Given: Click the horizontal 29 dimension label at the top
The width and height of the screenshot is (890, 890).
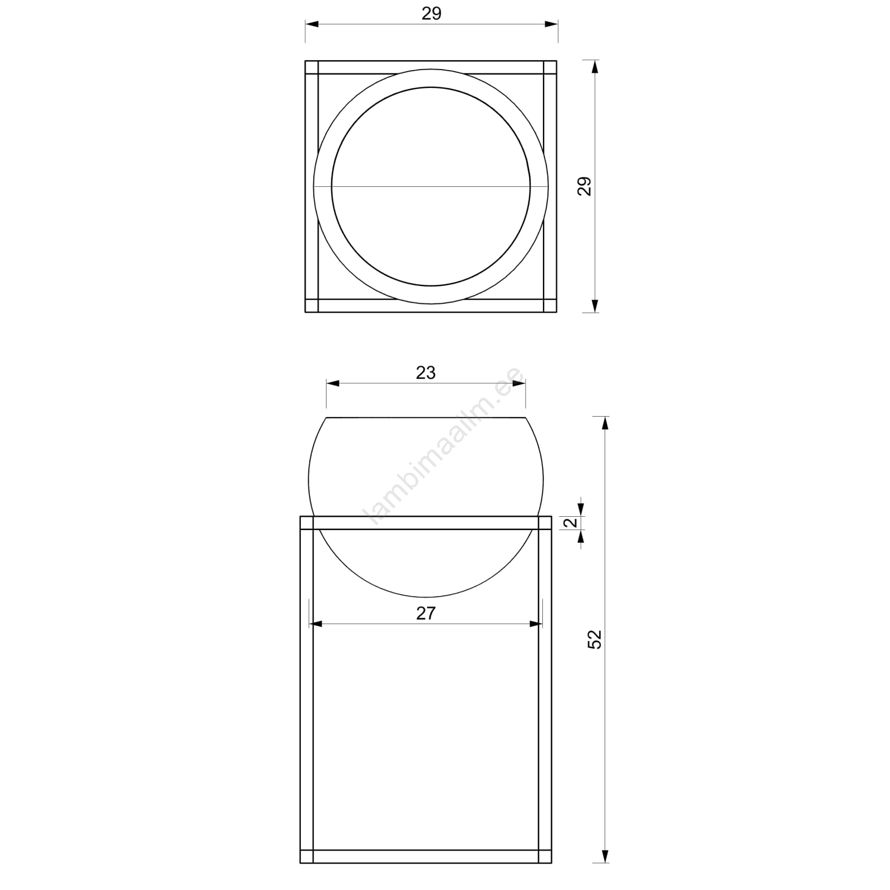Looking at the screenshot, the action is click(431, 14).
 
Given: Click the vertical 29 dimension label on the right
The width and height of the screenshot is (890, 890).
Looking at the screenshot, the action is click(584, 186).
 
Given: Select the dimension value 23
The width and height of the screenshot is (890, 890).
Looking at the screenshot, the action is click(426, 373).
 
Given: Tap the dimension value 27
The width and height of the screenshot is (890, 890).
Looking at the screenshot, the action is click(426, 614).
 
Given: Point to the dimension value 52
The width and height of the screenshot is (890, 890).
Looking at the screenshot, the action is click(595, 640).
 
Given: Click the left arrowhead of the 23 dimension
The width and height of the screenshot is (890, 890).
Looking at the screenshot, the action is click(333, 383).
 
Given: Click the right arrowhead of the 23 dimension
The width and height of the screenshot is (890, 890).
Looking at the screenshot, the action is click(519, 383).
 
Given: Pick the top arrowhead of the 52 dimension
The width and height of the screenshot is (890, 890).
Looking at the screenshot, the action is click(606, 423).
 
